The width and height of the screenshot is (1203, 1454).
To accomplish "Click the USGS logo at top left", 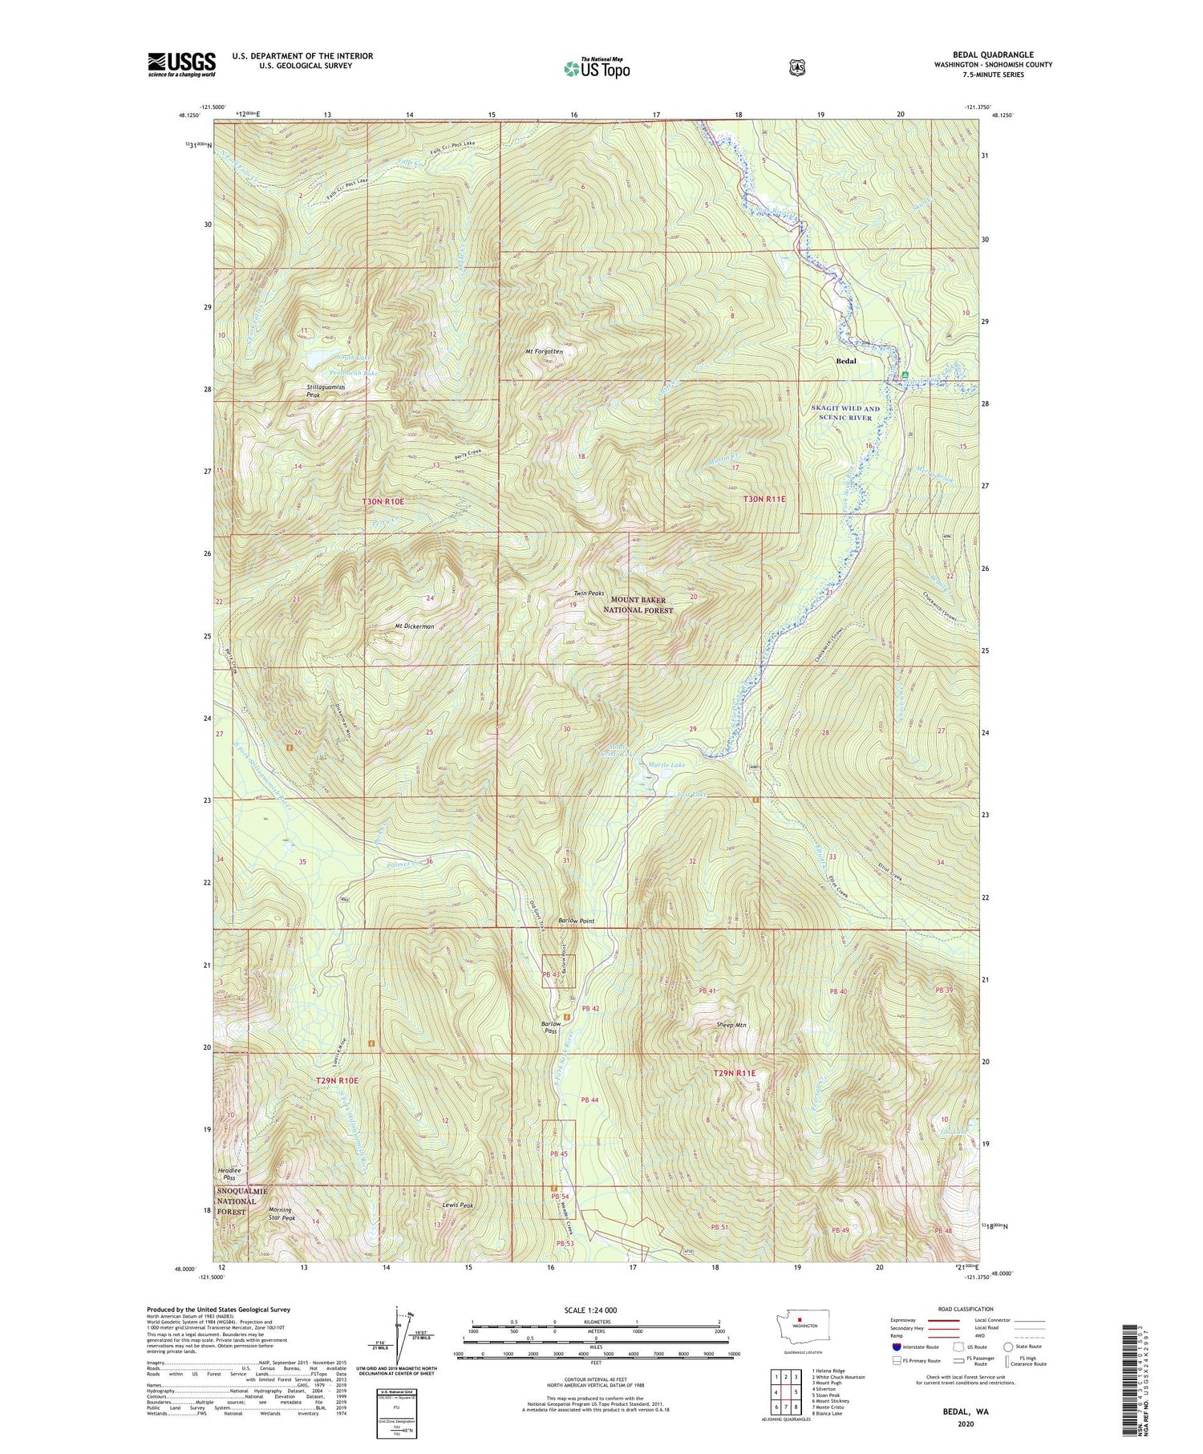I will tap(182, 64).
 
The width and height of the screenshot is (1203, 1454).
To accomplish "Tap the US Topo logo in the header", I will tap(597, 69).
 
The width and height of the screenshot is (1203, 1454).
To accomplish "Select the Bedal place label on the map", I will tap(846, 361).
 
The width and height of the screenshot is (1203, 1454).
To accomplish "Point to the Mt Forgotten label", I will tap(545, 350).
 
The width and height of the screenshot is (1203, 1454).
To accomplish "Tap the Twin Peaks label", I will tap(588, 593).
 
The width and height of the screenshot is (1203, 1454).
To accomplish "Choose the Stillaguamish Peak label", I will tap(325, 391).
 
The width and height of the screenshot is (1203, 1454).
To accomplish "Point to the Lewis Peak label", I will tap(458, 1205).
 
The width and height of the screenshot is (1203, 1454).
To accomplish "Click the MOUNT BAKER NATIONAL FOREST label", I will tap(642, 605).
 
